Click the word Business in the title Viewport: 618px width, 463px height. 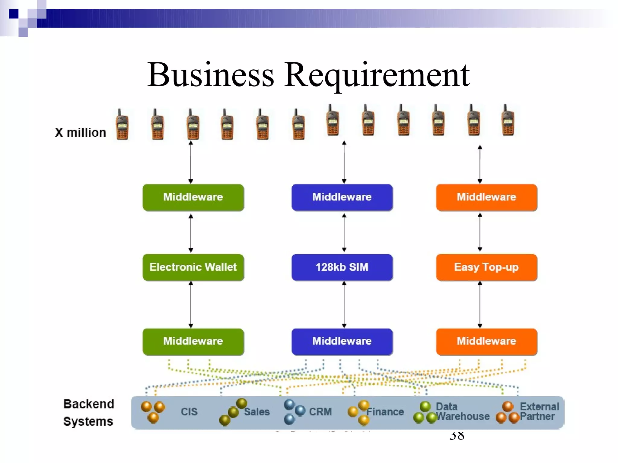point(211,75)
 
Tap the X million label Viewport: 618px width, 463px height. point(80,133)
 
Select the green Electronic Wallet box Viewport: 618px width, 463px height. point(193,267)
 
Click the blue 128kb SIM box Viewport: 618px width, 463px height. point(342,267)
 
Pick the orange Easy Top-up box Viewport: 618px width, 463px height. point(486,267)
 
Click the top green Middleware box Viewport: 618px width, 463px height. point(193,197)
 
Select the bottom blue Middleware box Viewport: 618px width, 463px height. point(342,341)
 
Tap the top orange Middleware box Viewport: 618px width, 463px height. point(486,197)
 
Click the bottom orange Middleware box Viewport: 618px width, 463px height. point(486,341)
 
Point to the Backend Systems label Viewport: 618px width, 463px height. point(89,412)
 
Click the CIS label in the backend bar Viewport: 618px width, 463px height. point(189,412)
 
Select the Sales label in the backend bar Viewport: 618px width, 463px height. point(256,412)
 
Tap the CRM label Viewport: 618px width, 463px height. point(320,412)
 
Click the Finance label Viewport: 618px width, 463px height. point(385,412)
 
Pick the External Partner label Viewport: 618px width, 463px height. point(539,412)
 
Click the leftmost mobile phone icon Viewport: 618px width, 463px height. point(122,125)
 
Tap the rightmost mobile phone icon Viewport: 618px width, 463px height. point(508,121)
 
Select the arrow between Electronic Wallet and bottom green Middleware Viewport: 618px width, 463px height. point(191,304)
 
